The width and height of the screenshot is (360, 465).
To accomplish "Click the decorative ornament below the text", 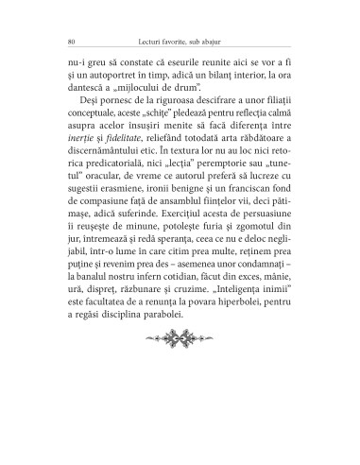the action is (179, 388).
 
